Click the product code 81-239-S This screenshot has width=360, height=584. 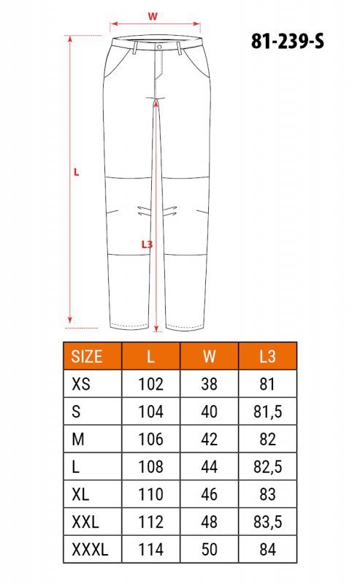[x=287, y=41]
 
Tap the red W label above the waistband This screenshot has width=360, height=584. [x=153, y=16]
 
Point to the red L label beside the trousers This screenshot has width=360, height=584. [x=77, y=172]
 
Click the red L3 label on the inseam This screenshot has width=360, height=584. [x=147, y=245]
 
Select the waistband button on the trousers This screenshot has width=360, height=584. [x=159, y=47]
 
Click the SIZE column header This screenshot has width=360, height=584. [x=87, y=356]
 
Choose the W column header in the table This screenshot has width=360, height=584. [x=209, y=356]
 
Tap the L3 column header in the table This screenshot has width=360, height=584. [x=267, y=356]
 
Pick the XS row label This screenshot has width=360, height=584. [x=81, y=384]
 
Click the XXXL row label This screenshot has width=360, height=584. [x=90, y=550]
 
